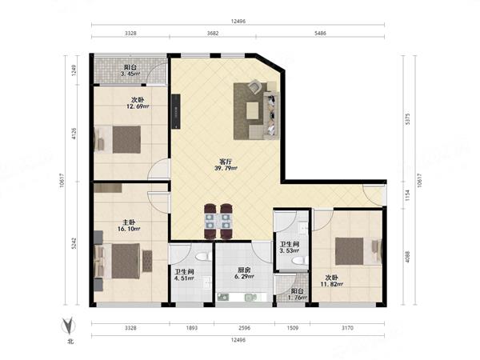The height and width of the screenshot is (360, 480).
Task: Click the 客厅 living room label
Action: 226,162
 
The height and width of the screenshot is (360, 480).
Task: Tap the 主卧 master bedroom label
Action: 129,222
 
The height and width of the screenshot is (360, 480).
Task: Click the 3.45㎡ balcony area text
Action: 130,74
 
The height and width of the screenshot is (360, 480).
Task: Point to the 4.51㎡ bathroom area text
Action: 184,278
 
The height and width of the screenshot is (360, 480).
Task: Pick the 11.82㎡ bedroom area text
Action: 331,284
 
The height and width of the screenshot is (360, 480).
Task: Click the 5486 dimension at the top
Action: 320,33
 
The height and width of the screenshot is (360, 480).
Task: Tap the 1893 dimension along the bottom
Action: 192,328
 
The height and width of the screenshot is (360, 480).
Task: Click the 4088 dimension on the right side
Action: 407,257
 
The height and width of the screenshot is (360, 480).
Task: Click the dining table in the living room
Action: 218,222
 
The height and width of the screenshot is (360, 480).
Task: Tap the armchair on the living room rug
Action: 254,86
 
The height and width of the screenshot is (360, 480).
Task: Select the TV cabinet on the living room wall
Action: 176,111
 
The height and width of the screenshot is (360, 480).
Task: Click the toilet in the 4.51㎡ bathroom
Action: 202,256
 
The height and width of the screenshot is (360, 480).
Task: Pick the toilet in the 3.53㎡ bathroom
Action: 300,261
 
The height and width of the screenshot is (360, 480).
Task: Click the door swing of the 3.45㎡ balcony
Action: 156,74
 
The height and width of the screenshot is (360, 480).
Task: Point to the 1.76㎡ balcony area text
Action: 298,298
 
